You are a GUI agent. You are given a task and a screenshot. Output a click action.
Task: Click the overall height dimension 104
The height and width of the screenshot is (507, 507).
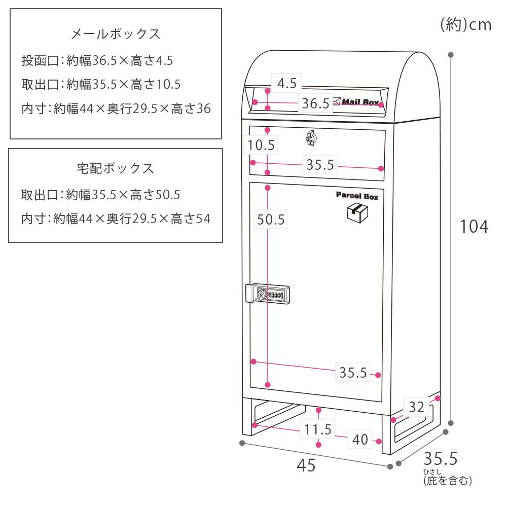tap(474, 227)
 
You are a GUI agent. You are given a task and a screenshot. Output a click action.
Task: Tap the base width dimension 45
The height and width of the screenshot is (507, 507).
tap(306, 465)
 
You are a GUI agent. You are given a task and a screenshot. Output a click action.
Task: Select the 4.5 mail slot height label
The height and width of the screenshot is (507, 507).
tap(286, 83)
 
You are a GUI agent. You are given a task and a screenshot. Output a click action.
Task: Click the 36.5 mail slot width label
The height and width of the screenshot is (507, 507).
tap(315, 103)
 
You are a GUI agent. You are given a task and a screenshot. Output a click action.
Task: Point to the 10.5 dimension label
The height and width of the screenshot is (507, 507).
tap(261, 146)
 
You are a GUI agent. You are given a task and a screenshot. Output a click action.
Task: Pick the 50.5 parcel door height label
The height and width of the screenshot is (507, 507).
tap(271, 220)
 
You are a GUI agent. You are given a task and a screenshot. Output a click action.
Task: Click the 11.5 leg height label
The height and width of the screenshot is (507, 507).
tap(318, 430)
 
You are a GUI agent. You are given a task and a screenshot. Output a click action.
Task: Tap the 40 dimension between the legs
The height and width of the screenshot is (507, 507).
tap(360, 440)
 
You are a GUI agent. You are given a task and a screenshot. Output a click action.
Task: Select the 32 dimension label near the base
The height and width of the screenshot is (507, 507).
tap(416, 407)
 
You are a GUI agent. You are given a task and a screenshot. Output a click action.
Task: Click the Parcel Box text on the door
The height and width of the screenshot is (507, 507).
tap(357, 196)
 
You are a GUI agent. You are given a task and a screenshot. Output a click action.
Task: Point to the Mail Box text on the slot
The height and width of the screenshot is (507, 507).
tap(359, 102)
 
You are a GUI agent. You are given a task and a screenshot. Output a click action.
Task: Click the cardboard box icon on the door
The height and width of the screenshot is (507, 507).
tap(357, 213)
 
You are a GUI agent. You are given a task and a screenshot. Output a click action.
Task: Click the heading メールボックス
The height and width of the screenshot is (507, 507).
tap(116, 34)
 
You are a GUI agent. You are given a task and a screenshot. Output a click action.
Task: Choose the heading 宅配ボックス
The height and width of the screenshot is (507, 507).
tap(116, 168)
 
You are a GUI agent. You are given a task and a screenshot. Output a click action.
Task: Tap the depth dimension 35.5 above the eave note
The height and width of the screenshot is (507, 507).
tap(441, 459)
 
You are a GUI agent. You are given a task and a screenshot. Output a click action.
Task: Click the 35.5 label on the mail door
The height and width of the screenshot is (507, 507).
tap(320, 165)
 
